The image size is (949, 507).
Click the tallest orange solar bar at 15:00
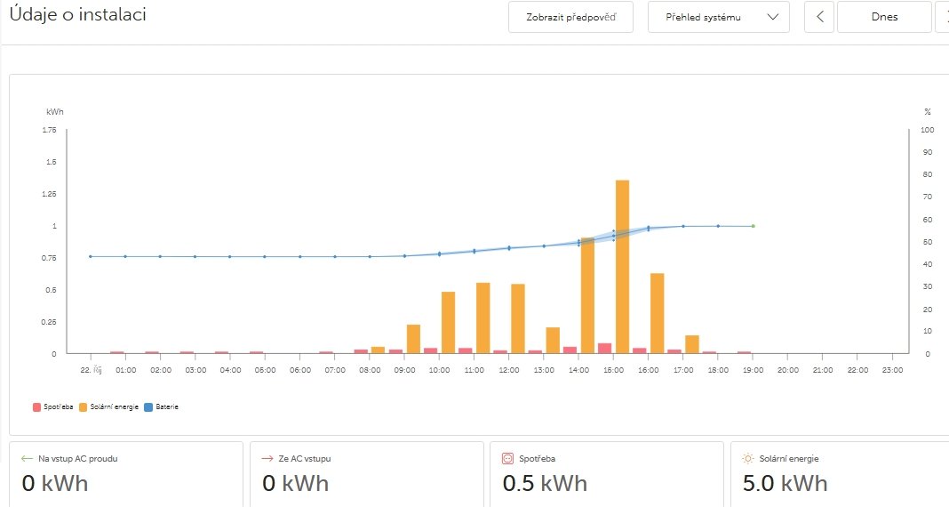coord(622,267)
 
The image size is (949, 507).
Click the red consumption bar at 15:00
coord(605,348)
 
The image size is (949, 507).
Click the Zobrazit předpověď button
coord(570,17)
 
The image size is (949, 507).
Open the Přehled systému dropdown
coord(718,17)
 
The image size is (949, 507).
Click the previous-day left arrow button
coord(818,17)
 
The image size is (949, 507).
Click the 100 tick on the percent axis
coord(928,130)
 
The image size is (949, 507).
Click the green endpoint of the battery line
coord(753,226)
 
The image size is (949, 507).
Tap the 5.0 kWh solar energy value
coord(785,483)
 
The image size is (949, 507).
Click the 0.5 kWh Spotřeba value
coord(545,483)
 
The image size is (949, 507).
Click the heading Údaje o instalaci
coord(78,15)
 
